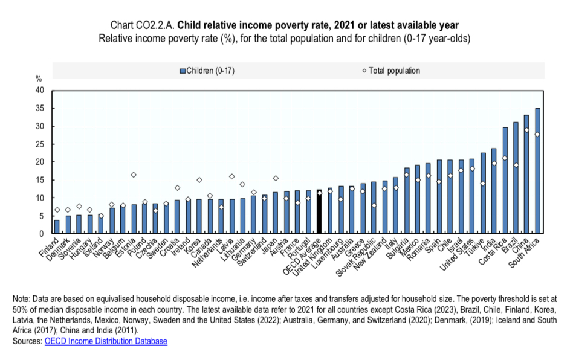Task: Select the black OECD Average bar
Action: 319,211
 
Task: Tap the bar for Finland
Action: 57,227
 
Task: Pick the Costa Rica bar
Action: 505,181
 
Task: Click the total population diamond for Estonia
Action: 134,175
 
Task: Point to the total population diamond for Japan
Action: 275,178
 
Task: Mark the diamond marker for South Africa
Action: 538,134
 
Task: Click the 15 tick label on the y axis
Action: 40,180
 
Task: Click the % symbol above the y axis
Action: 39,79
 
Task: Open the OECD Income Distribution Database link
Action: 106,341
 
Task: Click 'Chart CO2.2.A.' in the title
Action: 143,25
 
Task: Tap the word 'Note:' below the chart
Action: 22,299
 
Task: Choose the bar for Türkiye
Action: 483,193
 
